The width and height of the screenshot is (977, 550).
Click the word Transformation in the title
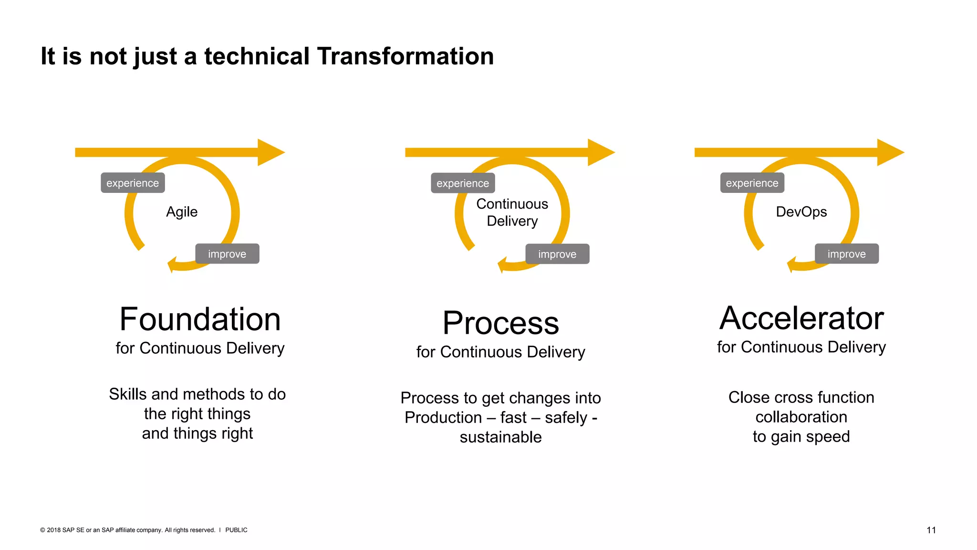pyautogui.click(x=405, y=56)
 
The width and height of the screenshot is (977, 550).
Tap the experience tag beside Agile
pyautogui.click(x=133, y=183)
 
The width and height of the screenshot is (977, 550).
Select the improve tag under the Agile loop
pyautogui.click(x=227, y=254)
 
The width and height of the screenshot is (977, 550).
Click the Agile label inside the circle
pyautogui.click(x=182, y=212)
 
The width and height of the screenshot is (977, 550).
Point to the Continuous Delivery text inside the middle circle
pyautogui.click(x=512, y=212)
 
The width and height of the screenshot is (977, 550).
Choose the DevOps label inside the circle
pyautogui.click(x=801, y=212)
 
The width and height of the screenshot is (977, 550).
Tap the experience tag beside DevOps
pyautogui.click(x=752, y=183)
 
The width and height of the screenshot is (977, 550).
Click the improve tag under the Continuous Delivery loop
pyautogui.click(x=557, y=254)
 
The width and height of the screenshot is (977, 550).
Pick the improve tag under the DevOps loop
pyautogui.click(x=846, y=254)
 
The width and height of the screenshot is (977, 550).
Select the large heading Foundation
pyautogui.click(x=200, y=319)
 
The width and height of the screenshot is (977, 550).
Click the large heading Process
pyautogui.click(x=500, y=323)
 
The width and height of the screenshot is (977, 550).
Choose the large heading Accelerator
pyautogui.click(x=801, y=318)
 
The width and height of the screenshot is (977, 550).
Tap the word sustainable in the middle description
pyautogui.click(x=500, y=437)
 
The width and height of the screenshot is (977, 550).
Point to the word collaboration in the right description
pyautogui.click(x=801, y=417)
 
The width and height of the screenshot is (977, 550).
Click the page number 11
pyautogui.click(x=931, y=530)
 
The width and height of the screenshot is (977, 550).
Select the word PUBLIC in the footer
pyautogui.click(x=236, y=530)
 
